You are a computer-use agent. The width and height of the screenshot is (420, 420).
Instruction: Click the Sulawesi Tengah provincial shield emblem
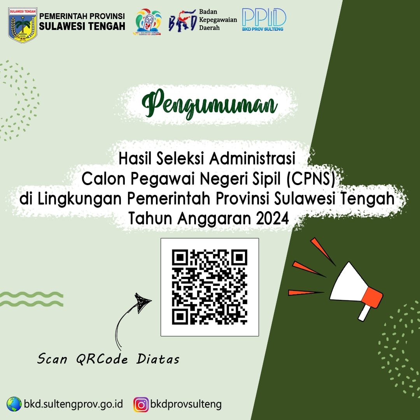23,25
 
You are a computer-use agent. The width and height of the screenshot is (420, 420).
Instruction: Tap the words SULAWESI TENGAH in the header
82,26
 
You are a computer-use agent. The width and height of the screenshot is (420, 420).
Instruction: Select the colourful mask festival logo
148,22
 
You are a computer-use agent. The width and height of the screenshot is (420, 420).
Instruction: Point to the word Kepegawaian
218,20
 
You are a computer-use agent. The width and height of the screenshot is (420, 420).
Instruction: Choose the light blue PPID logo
264,19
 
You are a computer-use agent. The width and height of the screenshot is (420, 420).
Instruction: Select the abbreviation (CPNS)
311,179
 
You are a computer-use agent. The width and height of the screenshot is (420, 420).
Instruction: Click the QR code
210,287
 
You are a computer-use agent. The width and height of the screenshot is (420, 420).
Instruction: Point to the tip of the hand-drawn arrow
151,300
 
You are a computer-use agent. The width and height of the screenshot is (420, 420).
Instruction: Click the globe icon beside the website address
14,404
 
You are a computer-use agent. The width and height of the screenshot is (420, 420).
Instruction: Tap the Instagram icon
141,404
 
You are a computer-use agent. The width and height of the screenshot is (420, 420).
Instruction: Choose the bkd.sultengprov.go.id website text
73,404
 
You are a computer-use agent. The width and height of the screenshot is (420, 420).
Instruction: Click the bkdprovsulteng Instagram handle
186,404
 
